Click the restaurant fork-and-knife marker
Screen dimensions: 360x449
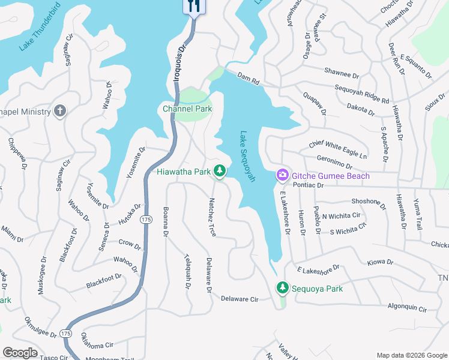(193, 6)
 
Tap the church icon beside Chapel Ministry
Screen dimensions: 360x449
(59, 111)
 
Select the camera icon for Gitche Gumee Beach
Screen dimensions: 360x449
(282, 175)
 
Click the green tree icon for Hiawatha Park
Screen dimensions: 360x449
(220, 172)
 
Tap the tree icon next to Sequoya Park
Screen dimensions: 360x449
(282, 288)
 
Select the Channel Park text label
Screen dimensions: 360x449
(187, 109)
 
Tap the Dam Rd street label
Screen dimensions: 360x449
(247, 76)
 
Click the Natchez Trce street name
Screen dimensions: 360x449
(212, 217)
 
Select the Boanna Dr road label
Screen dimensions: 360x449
(166, 222)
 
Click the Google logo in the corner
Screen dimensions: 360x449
(20, 352)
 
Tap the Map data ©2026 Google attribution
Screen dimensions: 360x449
(411, 355)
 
